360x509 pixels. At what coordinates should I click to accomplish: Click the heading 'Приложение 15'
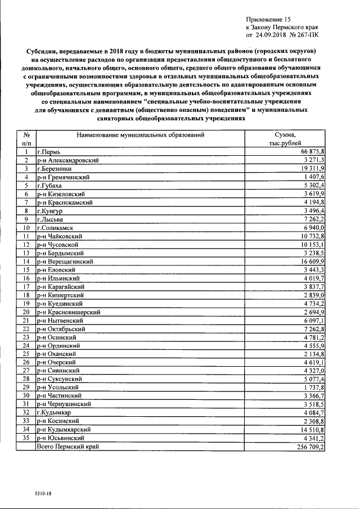click(270, 19)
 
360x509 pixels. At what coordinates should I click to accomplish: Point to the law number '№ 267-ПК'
click(307, 35)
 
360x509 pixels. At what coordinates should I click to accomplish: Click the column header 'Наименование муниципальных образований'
click(140, 135)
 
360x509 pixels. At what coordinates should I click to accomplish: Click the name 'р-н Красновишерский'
click(69, 311)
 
